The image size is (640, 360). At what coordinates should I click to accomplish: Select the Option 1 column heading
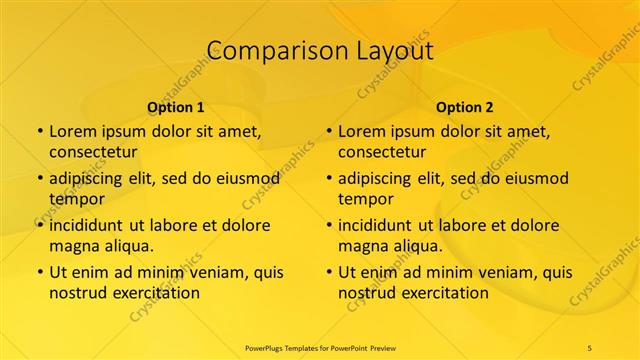point(176,107)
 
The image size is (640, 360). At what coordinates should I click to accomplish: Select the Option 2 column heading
point(465,107)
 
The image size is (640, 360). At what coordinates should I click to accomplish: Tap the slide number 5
point(590,346)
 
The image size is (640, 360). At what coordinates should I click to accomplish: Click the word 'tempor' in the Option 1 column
point(76,199)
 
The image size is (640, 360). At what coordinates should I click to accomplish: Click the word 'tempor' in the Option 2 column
point(365,199)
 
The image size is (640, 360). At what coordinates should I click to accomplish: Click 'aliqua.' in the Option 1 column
point(127,246)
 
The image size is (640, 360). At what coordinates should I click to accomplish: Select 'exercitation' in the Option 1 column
point(153,293)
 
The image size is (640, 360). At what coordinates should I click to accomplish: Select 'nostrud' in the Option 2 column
point(368,293)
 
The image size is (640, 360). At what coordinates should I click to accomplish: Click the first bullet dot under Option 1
point(39,132)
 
